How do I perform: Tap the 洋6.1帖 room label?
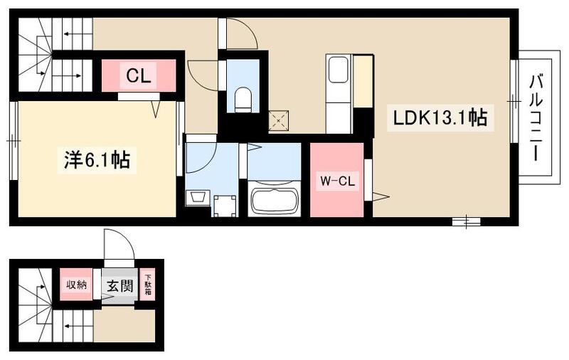click(x=93, y=161)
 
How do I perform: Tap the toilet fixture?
click(x=243, y=99)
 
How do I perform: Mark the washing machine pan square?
click(x=225, y=205)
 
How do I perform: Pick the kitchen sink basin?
click(x=338, y=72)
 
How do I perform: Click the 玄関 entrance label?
click(x=119, y=287)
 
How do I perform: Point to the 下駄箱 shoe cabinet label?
click(x=149, y=286)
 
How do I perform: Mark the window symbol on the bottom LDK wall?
click(x=466, y=222)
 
